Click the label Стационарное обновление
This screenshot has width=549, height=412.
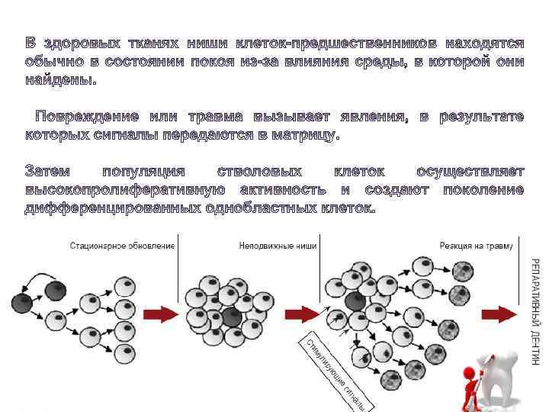pos(122,246)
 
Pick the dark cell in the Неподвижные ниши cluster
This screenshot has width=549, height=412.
pos(232,316)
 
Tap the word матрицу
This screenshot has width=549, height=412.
pos(305,136)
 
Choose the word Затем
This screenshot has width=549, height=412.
pos(47,170)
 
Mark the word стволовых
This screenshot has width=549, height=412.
pos(259,170)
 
